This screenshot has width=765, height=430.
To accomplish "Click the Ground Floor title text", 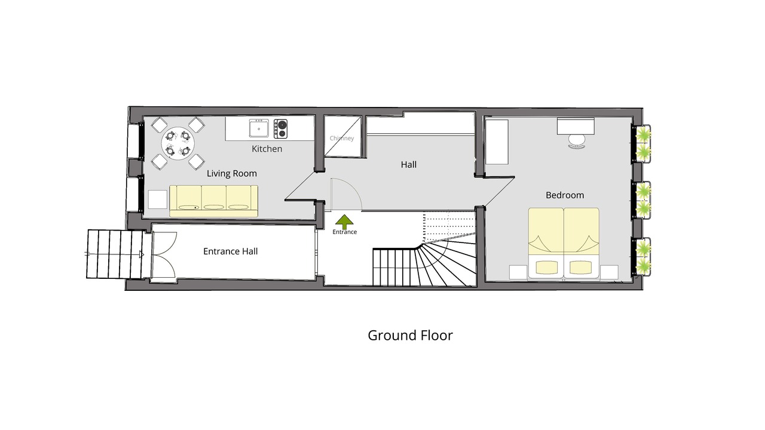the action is click(x=410, y=336).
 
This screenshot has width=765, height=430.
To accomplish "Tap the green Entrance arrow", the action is click(x=344, y=222).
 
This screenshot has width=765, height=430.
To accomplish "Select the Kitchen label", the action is click(x=267, y=149).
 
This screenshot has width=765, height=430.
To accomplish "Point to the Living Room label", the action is click(x=231, y=173).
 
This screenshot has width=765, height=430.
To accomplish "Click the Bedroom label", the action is click(x=565, y=195).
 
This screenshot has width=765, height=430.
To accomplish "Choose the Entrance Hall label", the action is click(x=230, y=251).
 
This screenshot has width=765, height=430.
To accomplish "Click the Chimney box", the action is click(x=342, y=137).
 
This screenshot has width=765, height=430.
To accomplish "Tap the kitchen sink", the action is click(x=259, y=128).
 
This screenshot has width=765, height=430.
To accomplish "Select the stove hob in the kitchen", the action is click(x=280, y=129).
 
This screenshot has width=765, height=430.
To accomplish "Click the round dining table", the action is click(x=178, y=143).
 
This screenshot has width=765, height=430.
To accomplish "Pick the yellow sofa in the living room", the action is click(x=214, y=201).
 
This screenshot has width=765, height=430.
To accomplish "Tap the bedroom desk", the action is click(x=576, y=126).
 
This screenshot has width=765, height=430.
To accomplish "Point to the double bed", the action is click(x=564, y=243).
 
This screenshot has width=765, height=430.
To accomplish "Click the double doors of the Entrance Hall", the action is click(x=164, y=254).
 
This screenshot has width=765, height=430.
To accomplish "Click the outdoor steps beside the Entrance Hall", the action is click(x=115, y=254).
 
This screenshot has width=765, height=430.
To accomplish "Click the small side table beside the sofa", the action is click(x=158, y=199).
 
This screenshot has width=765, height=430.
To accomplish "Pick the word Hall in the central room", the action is click(x=408, y=165).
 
